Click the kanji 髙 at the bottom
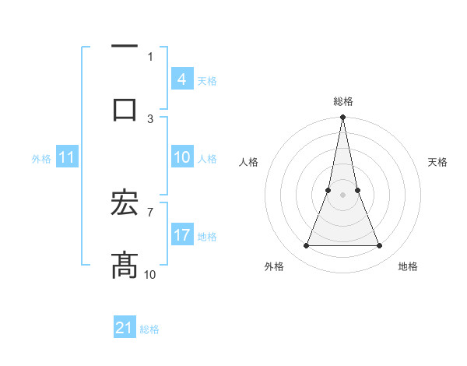point(125,265)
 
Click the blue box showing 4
point(181,79)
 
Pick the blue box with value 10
point(181,157)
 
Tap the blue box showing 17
point(181,235)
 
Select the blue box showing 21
point(125,328)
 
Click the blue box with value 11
point(67,157)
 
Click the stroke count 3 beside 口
point(150,118)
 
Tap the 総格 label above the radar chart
point(343,101)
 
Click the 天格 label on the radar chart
point(438,162)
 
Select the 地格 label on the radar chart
point(408,266)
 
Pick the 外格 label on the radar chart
point(274,266)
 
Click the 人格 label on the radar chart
point(249,162)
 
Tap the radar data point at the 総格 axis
point(342,118)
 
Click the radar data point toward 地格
point(380,246)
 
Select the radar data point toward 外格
point(306,246)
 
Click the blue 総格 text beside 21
point(149,329)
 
